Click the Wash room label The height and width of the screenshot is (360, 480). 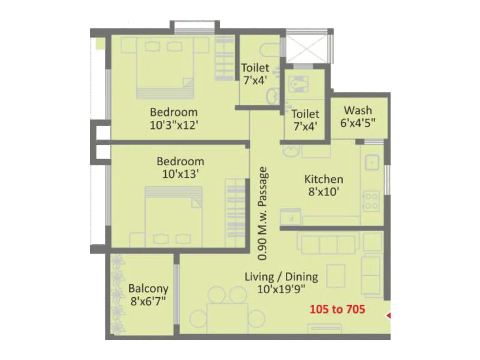tap(358, 111)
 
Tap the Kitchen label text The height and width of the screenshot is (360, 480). tap(324, 179)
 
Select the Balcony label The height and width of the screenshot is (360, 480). tap(148, 289)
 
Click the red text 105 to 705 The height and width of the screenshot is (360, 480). tap(337, 309)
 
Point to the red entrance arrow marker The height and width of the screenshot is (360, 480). tap(388, 316)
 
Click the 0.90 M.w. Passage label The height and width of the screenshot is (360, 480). tap(262, 213)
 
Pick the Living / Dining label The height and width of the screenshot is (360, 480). tap(281, 277)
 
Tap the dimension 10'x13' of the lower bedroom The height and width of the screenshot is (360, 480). tap(180, 174)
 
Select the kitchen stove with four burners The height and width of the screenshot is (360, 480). tap(371, 201)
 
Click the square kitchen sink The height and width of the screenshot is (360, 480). tap(372, 163)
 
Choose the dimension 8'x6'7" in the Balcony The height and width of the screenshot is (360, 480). tap(148, 301)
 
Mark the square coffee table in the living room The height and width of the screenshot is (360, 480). tap(336, 276)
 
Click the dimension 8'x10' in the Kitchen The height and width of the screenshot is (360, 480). tap(324, 191)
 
